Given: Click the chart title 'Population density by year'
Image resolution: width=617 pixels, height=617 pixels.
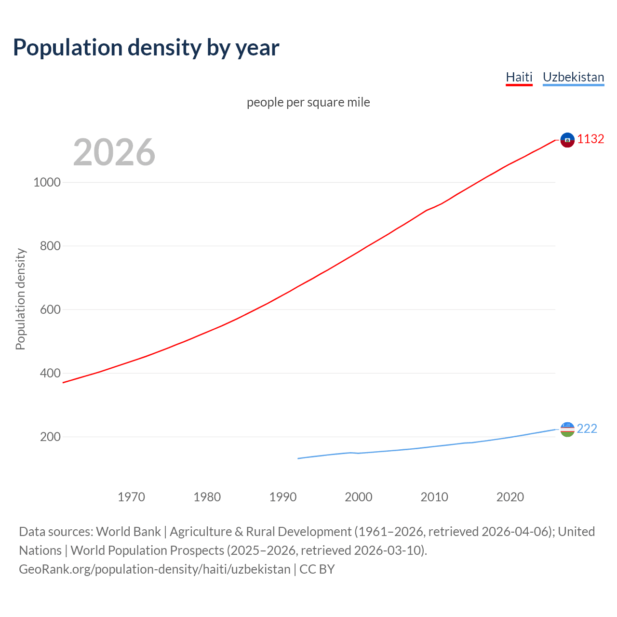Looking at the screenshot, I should pos(146,47).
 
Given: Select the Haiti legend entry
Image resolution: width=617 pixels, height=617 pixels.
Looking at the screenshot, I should pos(519,77).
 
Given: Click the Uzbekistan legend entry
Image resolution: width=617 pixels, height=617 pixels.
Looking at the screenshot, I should pos(573,77).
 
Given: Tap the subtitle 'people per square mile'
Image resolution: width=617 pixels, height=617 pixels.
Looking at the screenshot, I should pos(308,102).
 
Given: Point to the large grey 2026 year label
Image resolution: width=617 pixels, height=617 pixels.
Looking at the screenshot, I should pos(114,152).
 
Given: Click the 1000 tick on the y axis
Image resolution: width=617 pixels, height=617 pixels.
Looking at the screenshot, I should pos(47,182).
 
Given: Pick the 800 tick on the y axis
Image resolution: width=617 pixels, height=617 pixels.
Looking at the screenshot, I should pos(47,246).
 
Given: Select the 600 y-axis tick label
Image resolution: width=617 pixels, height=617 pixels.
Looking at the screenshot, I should pos(47,309).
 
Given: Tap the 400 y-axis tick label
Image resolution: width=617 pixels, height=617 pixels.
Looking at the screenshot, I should pos(47,373).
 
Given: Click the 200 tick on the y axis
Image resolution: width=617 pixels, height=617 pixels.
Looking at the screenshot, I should pos(47,437).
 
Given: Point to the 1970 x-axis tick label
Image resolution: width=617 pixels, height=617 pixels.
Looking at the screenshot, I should pos(131,497).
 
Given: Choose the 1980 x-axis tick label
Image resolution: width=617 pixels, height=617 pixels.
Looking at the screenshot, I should pos(207,497).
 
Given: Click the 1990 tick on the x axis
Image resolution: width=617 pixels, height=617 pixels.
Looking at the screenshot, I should pos(283,497).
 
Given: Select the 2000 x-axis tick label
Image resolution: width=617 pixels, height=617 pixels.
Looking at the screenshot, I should pos(359,497).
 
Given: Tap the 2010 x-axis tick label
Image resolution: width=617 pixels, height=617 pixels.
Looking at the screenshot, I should pos(434,497).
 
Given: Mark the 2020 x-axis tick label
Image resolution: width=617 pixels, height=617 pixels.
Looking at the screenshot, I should pos(510,497).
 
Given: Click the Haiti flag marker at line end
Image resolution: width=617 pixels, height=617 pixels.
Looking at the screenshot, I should pos(567,140).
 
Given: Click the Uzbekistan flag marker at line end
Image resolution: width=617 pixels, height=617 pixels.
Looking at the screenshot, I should pos(567,429).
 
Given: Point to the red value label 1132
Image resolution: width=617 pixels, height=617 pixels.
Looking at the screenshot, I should pos(590,139).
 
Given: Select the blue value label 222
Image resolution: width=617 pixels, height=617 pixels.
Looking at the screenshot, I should pos(587,429).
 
